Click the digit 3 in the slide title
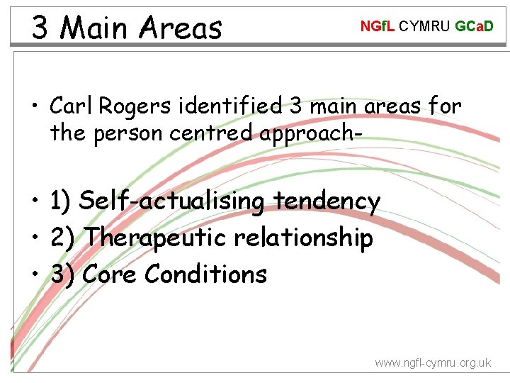(x=40, y=28)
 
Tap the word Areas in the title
(x=181, y=28)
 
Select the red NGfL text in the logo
(x=378, y=27)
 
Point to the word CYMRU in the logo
(x=425, y=27)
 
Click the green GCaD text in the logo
(x=474, y=27)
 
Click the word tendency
(x=327, y=202)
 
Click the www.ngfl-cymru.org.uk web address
(x=432, y=362)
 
